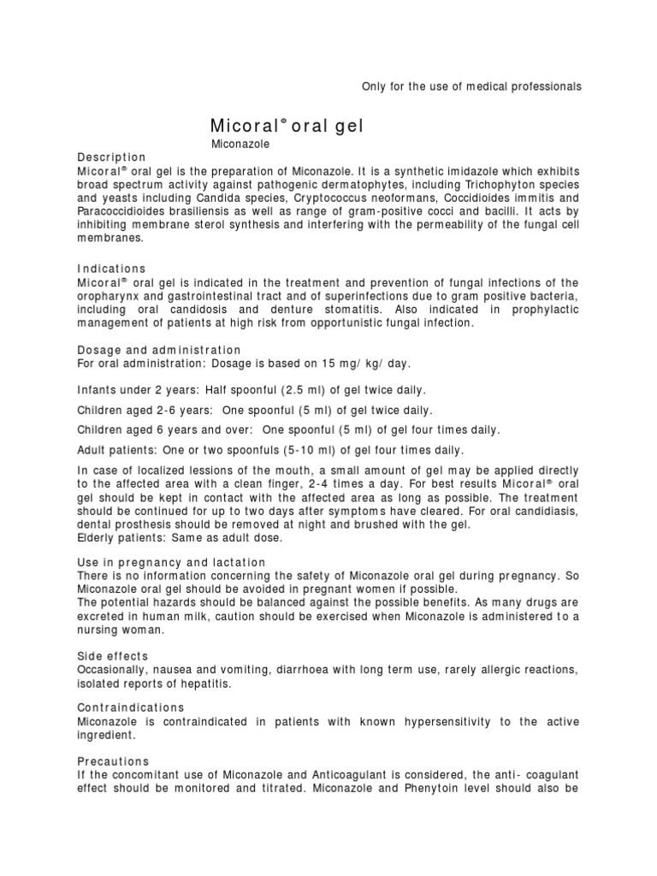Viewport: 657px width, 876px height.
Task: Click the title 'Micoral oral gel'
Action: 287,126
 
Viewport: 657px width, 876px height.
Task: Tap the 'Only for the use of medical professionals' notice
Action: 466,86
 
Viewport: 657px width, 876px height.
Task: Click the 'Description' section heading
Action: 111,157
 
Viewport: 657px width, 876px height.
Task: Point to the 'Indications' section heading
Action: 112,269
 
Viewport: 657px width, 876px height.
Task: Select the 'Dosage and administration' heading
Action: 159,351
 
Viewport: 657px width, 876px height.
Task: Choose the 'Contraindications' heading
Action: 131,707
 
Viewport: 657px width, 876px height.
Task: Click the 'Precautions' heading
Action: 114,761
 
